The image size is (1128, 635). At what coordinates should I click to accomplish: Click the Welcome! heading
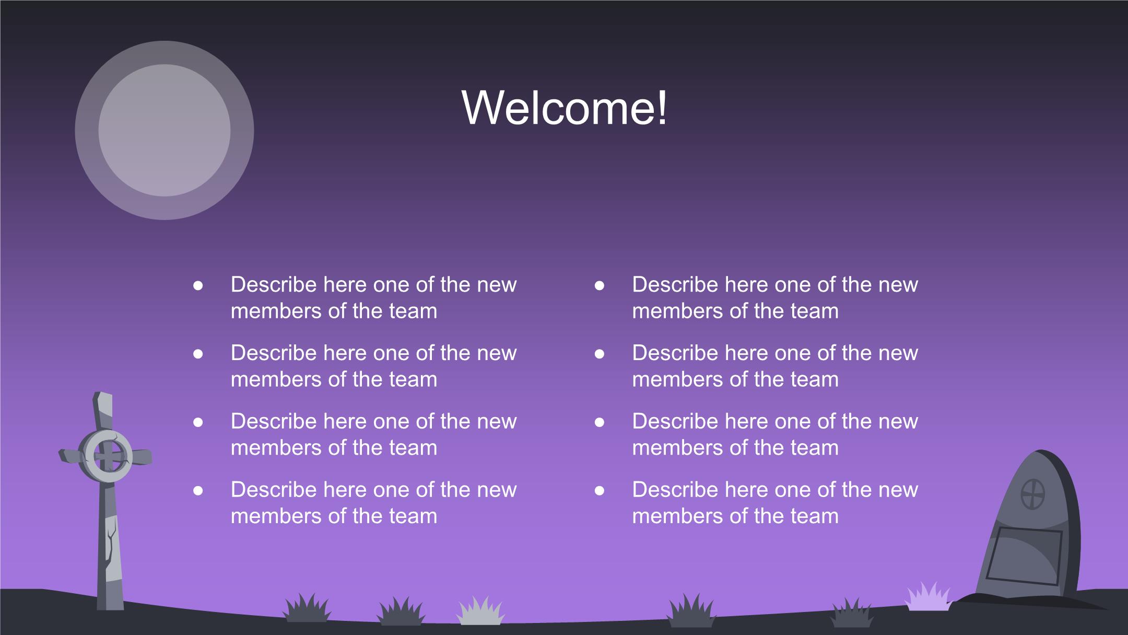click(564, 108)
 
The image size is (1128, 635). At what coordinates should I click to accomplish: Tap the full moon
click(164, 130)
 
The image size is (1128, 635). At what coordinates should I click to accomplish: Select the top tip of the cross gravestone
click(103, 392)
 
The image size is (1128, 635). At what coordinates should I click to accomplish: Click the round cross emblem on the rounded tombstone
click(1032, 494)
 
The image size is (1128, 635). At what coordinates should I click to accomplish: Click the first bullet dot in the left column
click(198, 285)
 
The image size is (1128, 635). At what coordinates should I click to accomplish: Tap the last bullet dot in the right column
click(600, 490)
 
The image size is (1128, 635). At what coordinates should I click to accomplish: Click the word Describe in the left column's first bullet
click(274, 285)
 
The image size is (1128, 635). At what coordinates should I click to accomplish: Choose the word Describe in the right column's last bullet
click(675, 490)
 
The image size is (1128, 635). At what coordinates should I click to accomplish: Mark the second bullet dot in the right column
click(600, 354)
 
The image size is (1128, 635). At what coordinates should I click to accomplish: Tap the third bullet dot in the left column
click(198, 422)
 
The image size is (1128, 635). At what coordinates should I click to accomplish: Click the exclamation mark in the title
click(662, 108)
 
